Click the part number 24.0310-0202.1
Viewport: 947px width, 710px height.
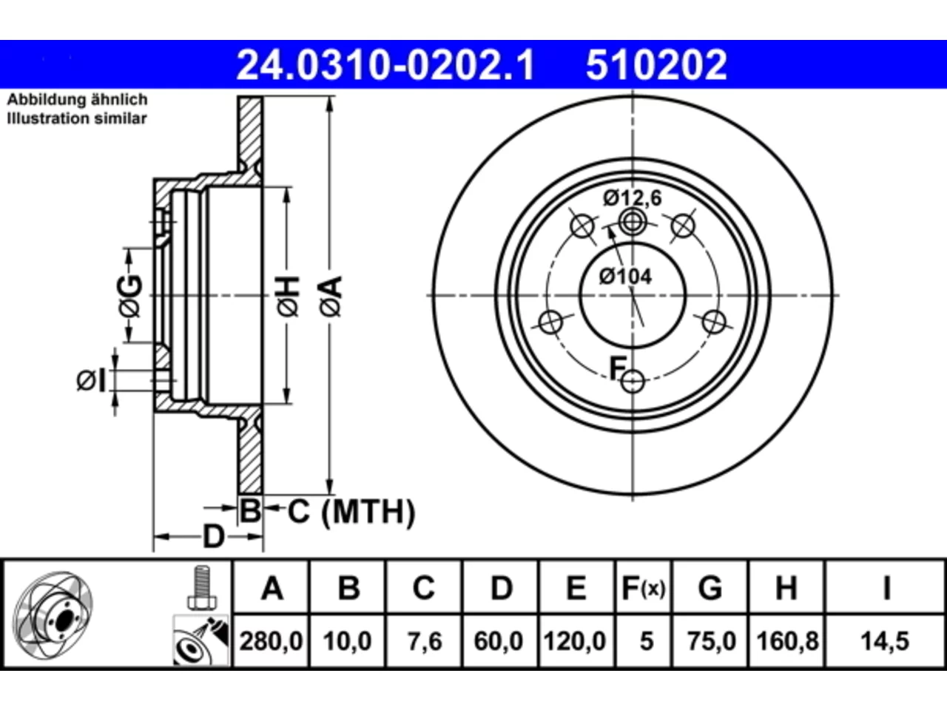(385, 65)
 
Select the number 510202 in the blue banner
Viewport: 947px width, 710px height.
(656, 65)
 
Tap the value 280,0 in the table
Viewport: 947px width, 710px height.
(271, 641)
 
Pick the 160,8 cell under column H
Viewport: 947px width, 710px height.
(787, 641)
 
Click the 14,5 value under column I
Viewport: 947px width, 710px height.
(885, 641)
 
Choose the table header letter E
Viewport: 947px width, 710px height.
(576, 588)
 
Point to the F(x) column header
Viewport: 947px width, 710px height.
(643, 588)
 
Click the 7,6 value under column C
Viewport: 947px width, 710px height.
(425, 641)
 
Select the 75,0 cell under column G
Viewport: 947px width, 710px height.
(711, 641)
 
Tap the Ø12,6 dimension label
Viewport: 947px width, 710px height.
(632, 198)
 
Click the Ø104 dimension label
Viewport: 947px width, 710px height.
(625, 277)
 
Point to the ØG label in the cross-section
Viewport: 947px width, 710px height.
(130, 296)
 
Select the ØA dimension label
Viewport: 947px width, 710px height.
(331, 297)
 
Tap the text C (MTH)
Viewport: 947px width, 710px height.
(351, 512)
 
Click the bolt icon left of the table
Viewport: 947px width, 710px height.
(201, 588)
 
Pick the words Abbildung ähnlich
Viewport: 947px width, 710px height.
(78, 100)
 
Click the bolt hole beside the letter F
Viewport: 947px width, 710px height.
(633, 381)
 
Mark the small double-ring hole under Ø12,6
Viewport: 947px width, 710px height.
(633, 223)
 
